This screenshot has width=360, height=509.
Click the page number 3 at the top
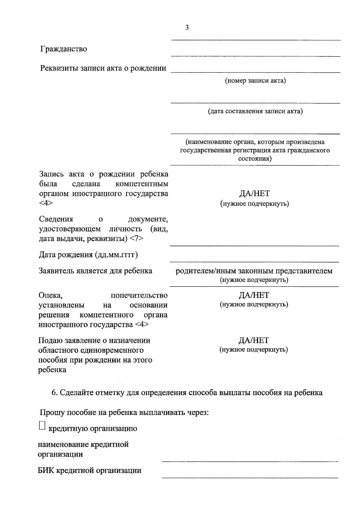pos(187,28)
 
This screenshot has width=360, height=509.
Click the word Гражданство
pos(64,49)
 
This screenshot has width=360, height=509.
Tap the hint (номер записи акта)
pos(255,81)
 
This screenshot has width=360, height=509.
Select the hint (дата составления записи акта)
pos(255,112)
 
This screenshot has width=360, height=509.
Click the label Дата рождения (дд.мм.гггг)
pos(88,255)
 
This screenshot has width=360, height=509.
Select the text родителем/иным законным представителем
pos(254,271)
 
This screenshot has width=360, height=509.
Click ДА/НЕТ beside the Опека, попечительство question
pos(254,295)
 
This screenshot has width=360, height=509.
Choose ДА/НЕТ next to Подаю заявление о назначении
pos(254,340)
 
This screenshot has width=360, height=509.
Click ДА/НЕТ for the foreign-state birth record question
pos(254,194)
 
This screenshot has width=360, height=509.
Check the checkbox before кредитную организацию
pos(42,426)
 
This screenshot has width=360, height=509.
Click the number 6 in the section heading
pos(54,393)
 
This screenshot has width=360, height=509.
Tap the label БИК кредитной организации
pos(89,470)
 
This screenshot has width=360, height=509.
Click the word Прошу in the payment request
pos(52,412)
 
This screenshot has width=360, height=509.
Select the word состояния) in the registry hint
pos(255,159)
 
